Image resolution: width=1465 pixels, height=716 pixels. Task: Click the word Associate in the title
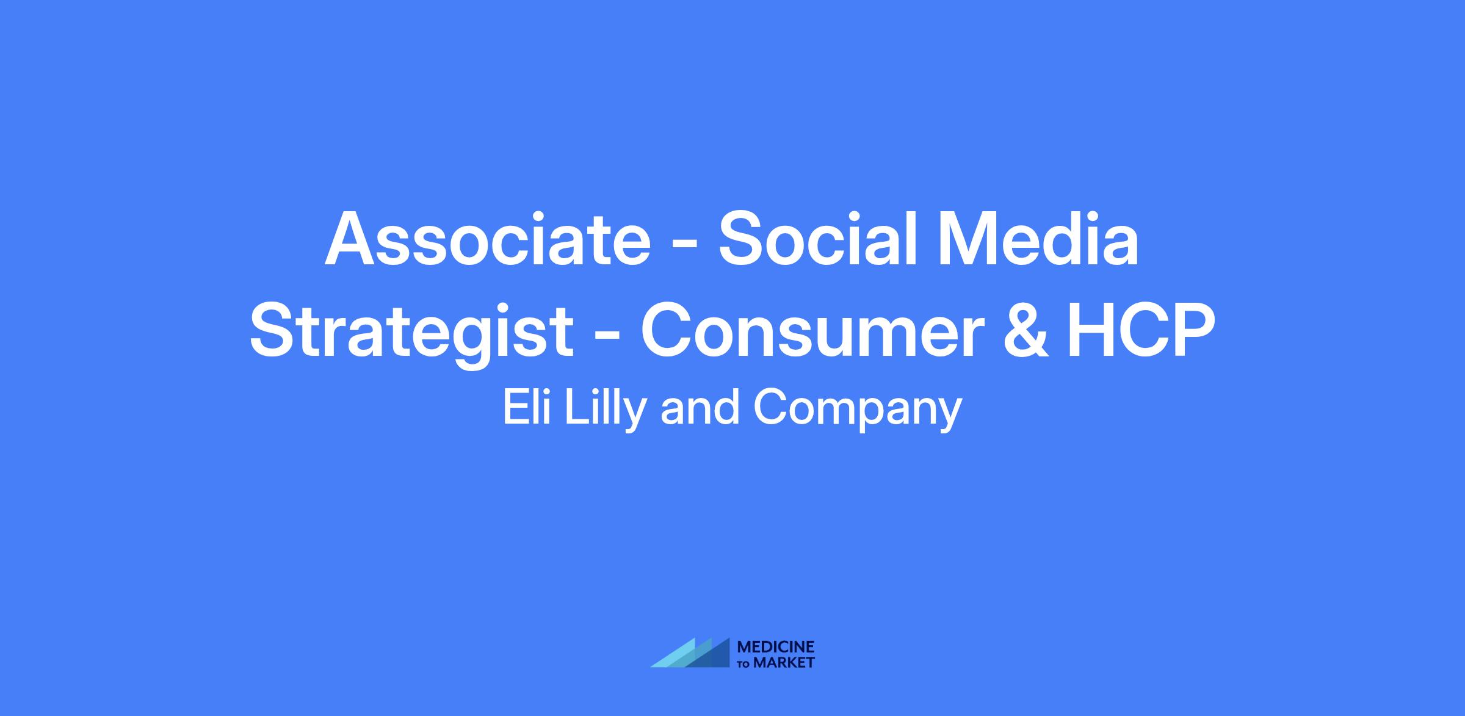pyautogui.click(x=488, y=239)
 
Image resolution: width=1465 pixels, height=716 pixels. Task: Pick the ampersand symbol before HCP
pyautogui.click(x=1025, y=330)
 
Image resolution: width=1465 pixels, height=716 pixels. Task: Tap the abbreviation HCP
pyautogui.click(x=1141, y=330)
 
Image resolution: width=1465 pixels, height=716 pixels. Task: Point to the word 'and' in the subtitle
pyautogui.click(x=700, y=408)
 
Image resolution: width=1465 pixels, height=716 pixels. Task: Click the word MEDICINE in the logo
pyautogui.click(x=776, y=647)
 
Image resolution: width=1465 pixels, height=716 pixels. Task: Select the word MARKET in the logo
pyautogui.click(x=784, y=662)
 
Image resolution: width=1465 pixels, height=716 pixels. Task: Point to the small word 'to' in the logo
pyautogui.click(x=745, y=664)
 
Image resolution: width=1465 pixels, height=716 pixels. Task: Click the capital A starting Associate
pyautogui.click(x=351, y=239)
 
